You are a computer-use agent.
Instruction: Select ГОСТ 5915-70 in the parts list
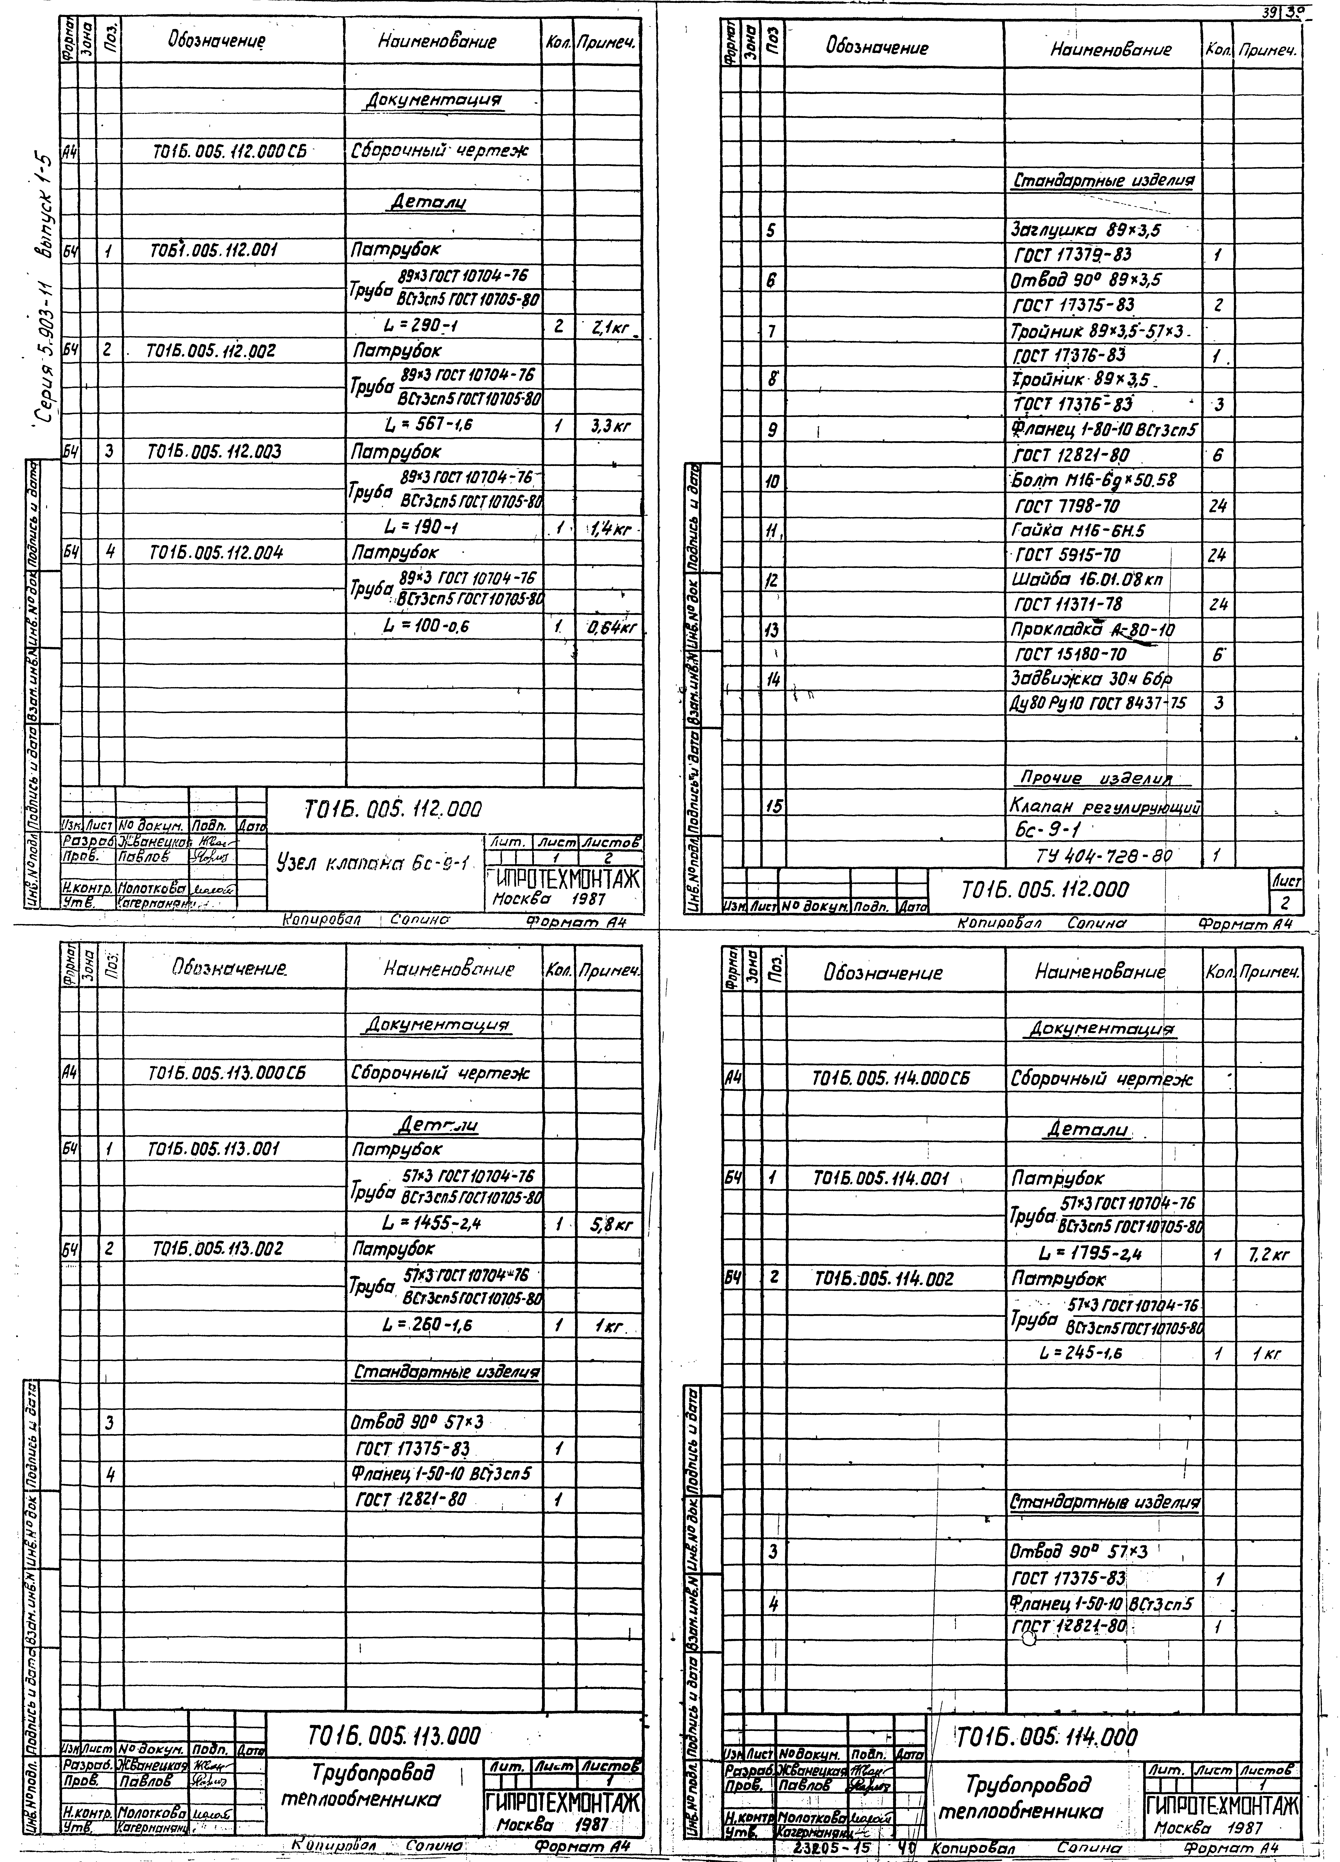click(x=1067, y=556)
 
